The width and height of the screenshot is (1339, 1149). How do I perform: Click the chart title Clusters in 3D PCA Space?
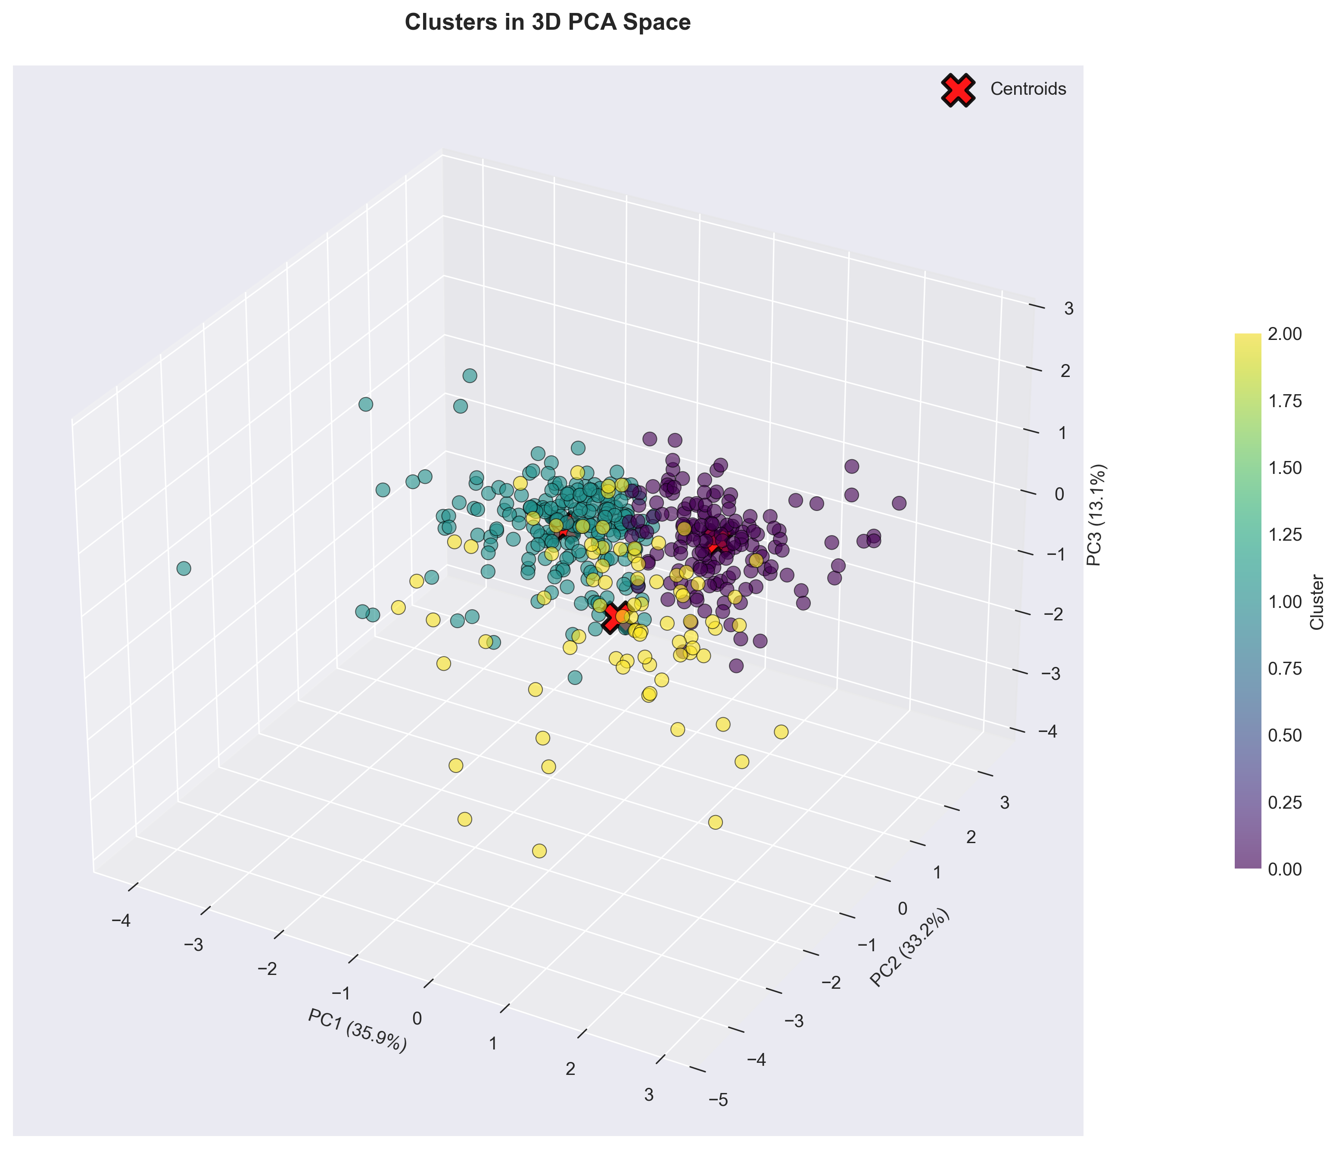point(547,22)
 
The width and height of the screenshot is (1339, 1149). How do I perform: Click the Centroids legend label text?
point(1028,90)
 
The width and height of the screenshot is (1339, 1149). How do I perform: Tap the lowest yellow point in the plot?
point(539,850)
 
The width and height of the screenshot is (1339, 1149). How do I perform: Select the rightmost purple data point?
point(899,503)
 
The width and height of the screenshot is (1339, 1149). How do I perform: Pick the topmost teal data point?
point(470,376)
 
